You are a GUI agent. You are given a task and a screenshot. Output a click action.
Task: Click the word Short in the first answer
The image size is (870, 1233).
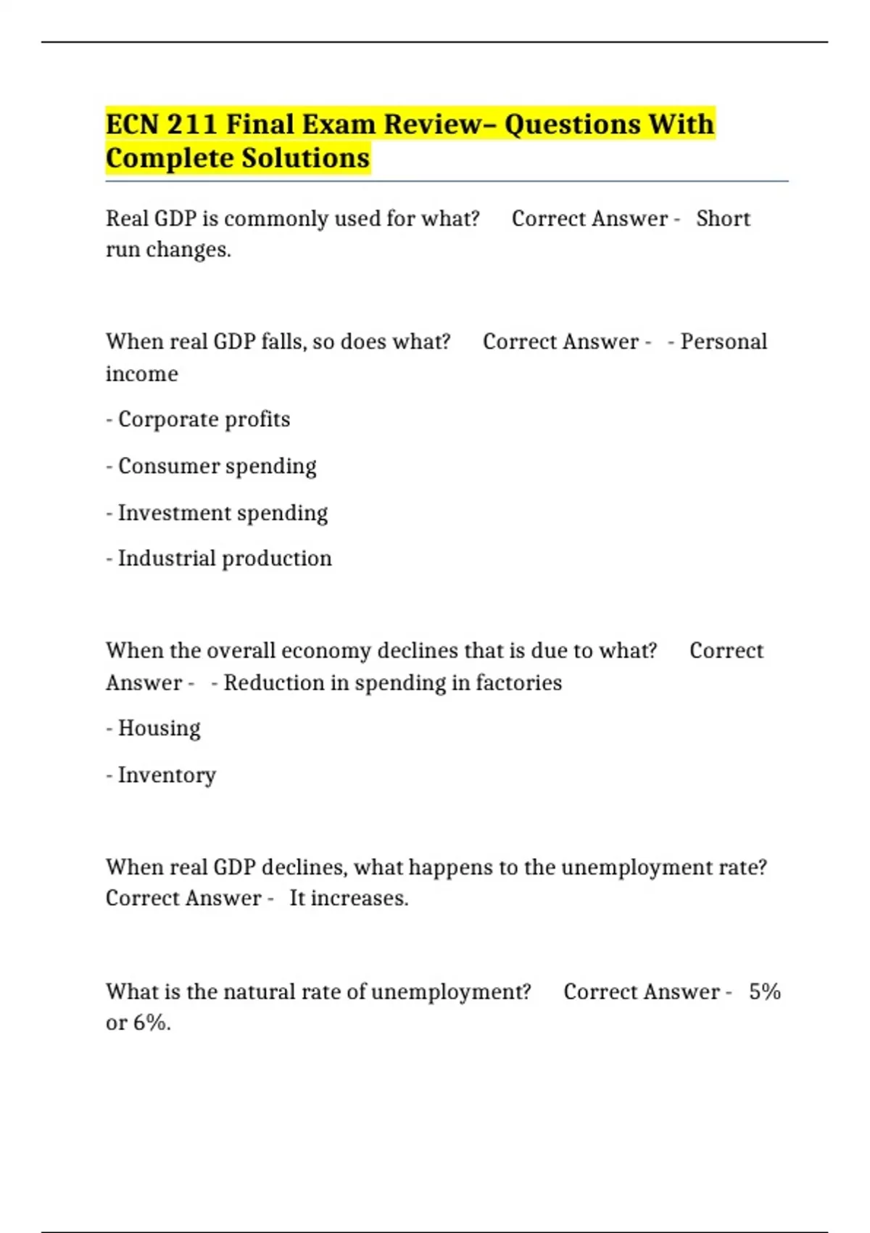[723, 218]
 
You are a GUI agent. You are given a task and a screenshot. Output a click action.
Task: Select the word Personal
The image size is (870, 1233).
[724, 342]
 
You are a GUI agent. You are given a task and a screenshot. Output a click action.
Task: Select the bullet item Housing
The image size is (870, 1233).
[159, 728]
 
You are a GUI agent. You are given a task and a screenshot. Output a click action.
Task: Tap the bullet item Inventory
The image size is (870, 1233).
[167, 775]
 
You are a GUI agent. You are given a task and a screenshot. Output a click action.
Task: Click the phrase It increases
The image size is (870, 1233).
[349, 898]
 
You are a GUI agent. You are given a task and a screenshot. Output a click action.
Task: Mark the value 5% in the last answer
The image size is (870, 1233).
[765, 991]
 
